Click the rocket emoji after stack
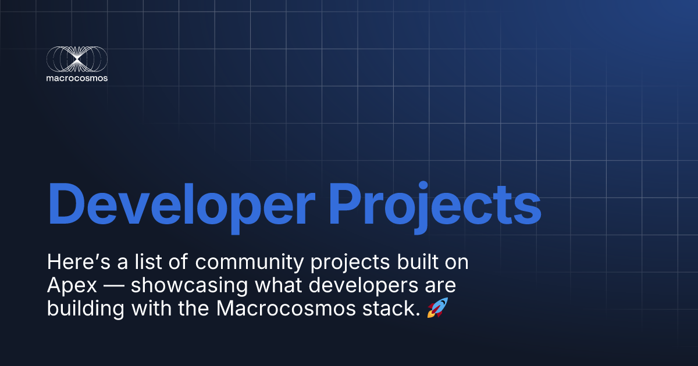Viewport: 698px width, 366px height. [437, 307]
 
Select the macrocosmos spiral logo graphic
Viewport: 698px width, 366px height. [77, 59]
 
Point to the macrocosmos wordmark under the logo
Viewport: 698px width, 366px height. [77, 78]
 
